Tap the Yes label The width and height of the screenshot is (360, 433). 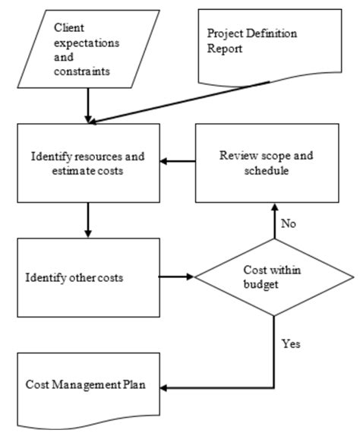pos(291,343)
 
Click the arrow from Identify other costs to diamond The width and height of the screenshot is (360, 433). pos(178,277)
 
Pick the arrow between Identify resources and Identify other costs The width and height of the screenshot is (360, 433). pos(90,220)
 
